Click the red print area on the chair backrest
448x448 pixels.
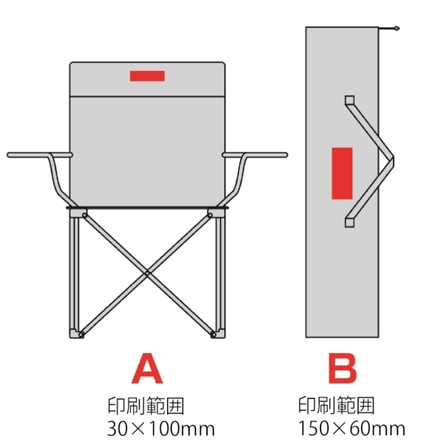click(x=147, y=76)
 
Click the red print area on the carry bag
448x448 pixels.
click(x=342, y=173)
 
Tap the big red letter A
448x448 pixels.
click(x=147, y=369)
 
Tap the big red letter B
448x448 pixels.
click(x=343, y=369)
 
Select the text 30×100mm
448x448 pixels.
click(x=161, y=429)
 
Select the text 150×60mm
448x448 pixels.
click(x=352, y=429)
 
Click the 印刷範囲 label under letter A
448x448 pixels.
click(x=146, y=405)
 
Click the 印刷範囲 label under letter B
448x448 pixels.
click(x=336, y=405)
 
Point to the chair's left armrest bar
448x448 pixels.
click(x=40, y=155)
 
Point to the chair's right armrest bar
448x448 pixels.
click(x=255, y=155)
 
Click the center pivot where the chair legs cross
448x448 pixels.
click(x=147, y=273)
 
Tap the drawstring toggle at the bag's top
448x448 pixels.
click(x=396, y=28)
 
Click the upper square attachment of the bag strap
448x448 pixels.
click(x=349, y=100)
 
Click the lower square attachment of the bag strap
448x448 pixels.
click(x=349, y=223)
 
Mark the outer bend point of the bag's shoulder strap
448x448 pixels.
click(x=393, y=161)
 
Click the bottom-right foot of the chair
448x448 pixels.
click(x=218, y=335)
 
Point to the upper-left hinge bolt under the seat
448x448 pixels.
click(x=84, y=215)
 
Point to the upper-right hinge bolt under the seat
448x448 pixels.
click(x=210, y=215)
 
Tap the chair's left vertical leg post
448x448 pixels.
click(x=74, y=274)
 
